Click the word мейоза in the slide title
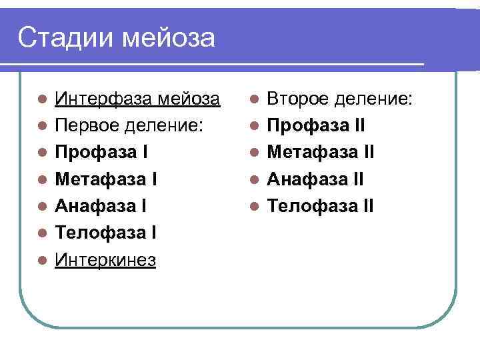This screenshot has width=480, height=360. (x=169, y=38)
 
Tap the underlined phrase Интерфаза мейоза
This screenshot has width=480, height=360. (x=137, y=99)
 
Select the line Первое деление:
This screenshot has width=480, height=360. (x=128, y=126)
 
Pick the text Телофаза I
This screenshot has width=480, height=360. (x=105, y=233)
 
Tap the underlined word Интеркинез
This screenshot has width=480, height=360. (x=105, y=259)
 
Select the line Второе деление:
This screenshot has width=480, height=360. (x=340, y=99)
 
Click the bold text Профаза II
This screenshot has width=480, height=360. (x=316, y=126)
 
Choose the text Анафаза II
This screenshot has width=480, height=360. (x=316, y=179)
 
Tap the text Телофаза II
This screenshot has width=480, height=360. (x=321, y=206)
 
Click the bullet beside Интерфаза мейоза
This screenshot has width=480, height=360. (x=42, y=100)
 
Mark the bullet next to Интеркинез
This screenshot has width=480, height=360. (x=42, y=260)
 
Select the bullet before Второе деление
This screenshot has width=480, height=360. (x=254, y=100)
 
